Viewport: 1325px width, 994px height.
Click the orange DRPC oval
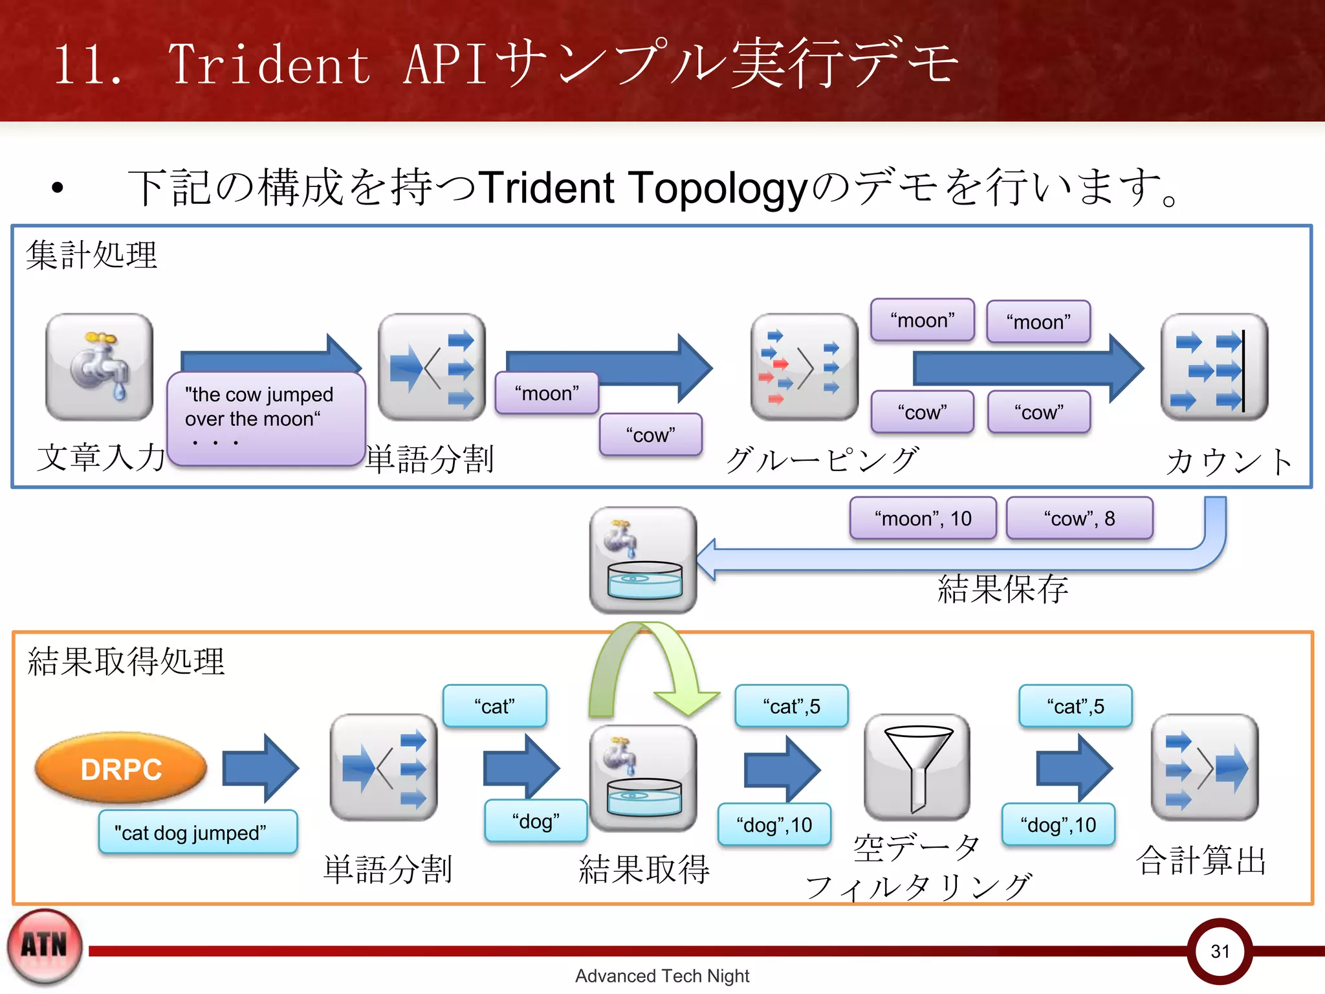click(121, 769)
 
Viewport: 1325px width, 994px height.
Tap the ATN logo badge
click(45, 947)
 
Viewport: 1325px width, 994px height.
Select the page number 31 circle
click(1220, 951)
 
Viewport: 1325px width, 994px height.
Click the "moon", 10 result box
click(923, 518)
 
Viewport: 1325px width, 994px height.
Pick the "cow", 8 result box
click(1079, 518)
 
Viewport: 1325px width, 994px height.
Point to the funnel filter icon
click(917, 768)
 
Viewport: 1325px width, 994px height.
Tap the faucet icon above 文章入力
click(99, 367)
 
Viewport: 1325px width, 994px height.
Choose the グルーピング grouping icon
click(804, 367)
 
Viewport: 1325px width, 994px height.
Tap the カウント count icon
click(1214, 367)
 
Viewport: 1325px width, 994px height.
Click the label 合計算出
click(1201, 861)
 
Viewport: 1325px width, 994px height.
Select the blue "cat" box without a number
click(494, 706)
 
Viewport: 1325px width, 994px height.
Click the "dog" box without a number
click(536, 821)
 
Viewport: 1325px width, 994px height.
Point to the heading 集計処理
click(91, 254)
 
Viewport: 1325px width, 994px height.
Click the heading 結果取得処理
click(126, 661)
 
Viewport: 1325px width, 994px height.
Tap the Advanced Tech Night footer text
click(662, 976)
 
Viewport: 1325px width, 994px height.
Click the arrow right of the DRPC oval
click(260, 769)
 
